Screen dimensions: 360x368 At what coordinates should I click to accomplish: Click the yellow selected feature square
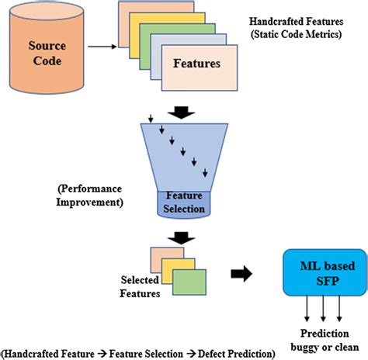pyautogui.click(x=180, y=268)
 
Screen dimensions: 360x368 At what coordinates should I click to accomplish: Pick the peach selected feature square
pyautogui.click(x=165, y=255)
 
